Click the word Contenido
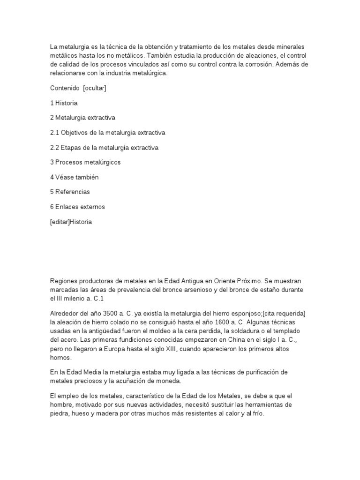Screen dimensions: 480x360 [64, 88]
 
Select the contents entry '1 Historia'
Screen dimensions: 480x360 [64, 103]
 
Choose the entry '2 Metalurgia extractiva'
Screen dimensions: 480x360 [82, 118]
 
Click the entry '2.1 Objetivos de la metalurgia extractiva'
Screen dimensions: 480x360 [107, 133]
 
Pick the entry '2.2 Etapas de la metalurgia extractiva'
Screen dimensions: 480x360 [104, 148]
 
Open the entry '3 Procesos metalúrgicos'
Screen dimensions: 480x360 [85, 162]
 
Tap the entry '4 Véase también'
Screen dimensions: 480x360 [74, 177]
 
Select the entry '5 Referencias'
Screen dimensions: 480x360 [70, 192]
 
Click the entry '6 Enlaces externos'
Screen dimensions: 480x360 [77, 207]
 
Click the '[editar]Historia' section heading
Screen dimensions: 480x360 [71, 222]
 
